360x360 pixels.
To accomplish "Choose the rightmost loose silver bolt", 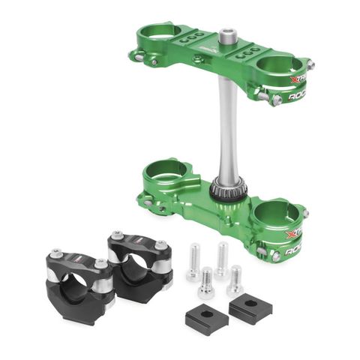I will (x=235, y=280).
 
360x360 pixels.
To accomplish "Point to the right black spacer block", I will (x=250, y=306).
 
